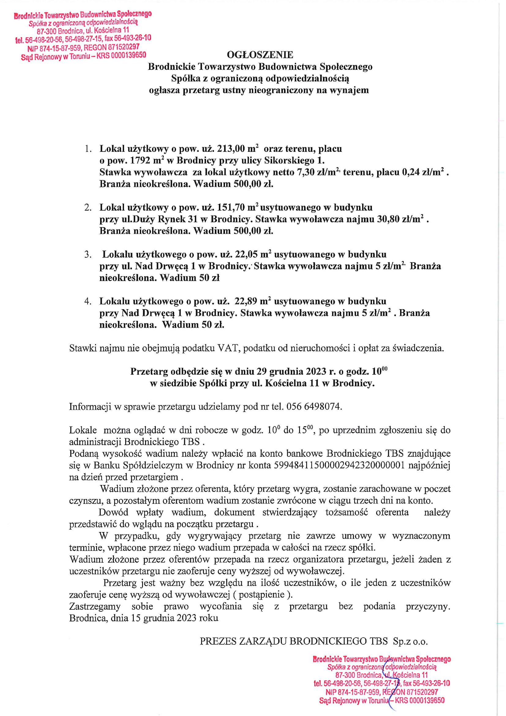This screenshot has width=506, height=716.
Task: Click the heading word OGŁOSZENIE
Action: pyautogui.click(x=260, y=55)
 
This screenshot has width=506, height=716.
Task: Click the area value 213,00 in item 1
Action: pyautogui.click(x=231, y=149)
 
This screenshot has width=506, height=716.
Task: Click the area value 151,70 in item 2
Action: pyautogui.click(x=231, y=207)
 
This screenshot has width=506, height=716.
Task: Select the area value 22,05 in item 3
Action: pyautogui.click(x=246, y=254)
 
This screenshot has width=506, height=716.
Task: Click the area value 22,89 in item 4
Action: pyautogui.click(x=246, y=301)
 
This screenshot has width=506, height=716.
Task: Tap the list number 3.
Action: pyautogui.click(x=88, y=254)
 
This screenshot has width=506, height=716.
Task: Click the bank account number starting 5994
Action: pyautogui.click(x=339, y=465)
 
